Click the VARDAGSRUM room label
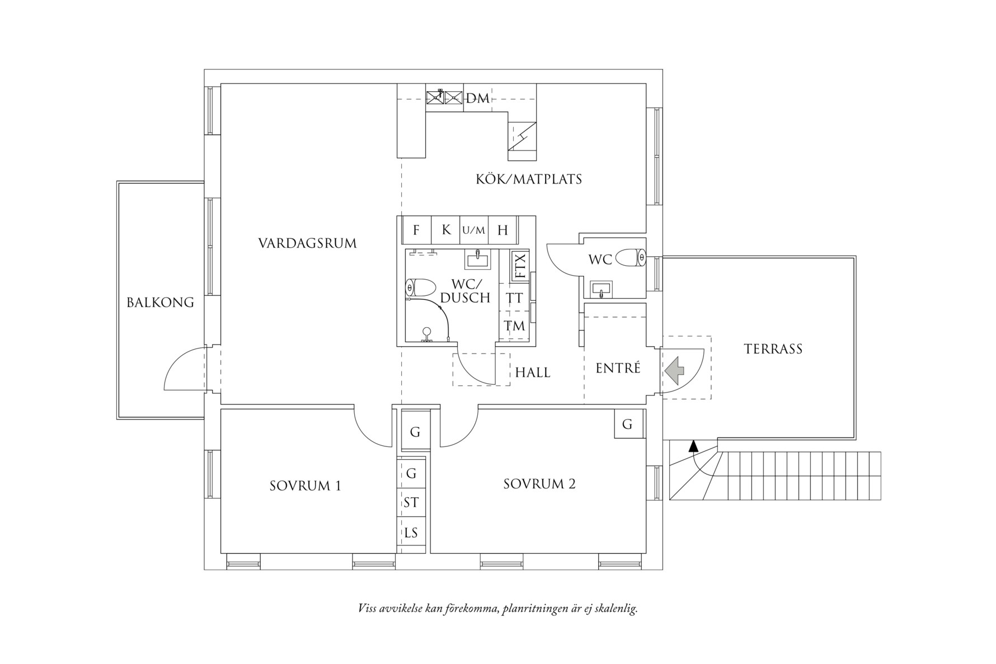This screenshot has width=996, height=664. (x=307, y=243)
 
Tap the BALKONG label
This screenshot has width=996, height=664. (x=160, y=303)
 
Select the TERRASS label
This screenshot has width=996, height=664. (x=773, y=349)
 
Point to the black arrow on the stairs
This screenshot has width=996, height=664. (x=693, y=446)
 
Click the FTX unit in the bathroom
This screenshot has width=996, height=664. (x=520, y=266)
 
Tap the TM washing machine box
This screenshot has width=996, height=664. (x=514, y=326)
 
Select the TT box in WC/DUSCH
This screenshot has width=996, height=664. (x=514, y=298)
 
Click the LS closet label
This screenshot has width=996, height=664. (x=411, y=533)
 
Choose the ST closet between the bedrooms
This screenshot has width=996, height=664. (x=411, y=502)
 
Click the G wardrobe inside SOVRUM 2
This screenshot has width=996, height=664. (x=627, y=425)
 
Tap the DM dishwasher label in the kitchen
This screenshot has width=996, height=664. (x=478, y=98)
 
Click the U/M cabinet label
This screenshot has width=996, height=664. (x=474, y=230)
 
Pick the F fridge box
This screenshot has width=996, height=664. (x=416, y=230)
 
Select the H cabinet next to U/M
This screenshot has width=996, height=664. (x=502, y=230)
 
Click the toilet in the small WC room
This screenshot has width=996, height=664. (x=631, y=258)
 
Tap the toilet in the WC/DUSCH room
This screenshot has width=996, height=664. (x=420, y=288)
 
